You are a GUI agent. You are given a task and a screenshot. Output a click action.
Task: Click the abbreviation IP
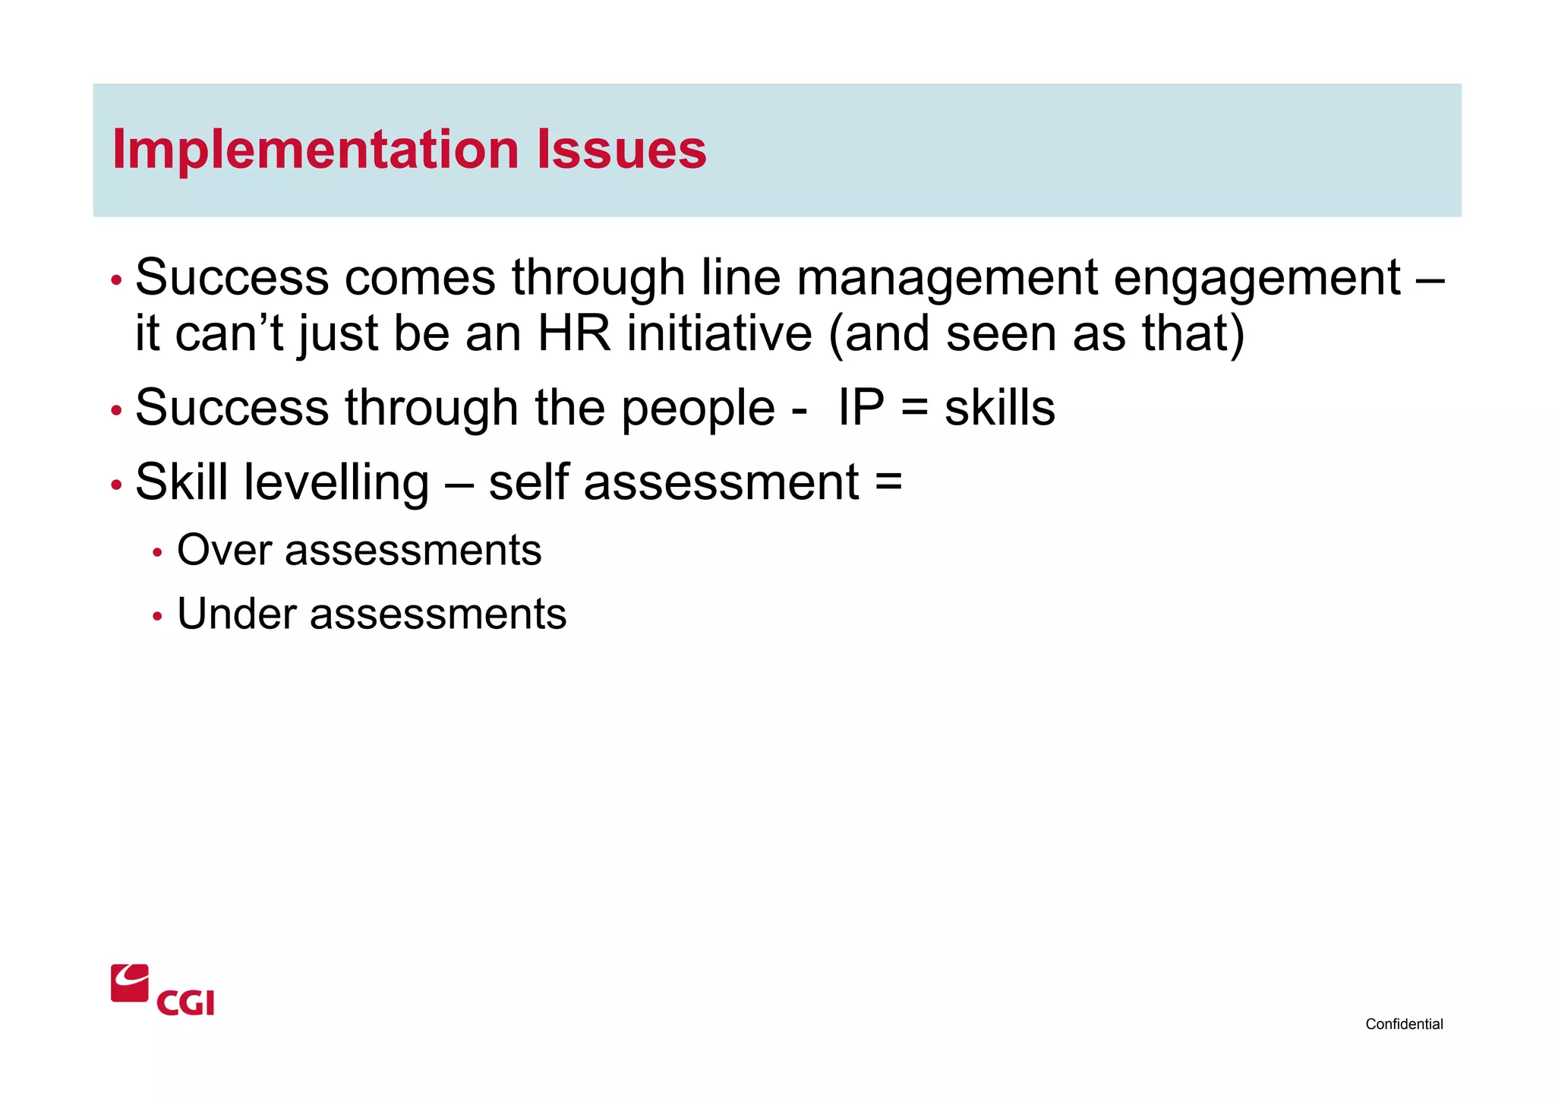point(861,408)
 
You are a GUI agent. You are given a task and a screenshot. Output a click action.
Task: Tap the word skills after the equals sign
point(999,408)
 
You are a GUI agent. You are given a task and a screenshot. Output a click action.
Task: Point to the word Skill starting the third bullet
point(181,482)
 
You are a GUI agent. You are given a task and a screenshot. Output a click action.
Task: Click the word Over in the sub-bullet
point(224,550)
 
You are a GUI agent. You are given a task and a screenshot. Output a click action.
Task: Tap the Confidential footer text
point(1404,1024)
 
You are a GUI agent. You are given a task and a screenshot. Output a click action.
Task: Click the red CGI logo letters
point(186,1003)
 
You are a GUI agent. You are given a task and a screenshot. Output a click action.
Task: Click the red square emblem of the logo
point(130,984)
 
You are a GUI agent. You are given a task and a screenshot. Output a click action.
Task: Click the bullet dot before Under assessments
point(157,617)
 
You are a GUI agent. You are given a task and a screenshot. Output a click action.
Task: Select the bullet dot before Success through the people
point(116,411)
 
